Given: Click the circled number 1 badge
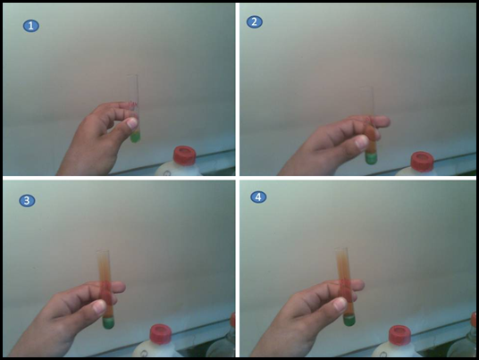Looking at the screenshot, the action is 31,26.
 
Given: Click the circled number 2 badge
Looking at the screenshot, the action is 254,21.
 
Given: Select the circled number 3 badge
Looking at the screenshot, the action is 27,201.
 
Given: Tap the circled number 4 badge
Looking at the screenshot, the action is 258,197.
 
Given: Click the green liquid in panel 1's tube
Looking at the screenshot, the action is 135,137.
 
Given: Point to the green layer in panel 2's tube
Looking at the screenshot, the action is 371,158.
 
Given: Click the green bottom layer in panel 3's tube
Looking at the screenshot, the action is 108,322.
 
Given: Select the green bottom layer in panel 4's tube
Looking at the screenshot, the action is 349,320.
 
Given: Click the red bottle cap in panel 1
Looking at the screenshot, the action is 184,155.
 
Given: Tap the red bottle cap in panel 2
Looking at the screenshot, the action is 422,161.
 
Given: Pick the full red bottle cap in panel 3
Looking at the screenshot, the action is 161,334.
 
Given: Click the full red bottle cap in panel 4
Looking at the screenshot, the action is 399,335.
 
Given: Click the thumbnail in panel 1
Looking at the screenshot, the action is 132,123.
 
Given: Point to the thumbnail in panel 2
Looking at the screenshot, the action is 362,142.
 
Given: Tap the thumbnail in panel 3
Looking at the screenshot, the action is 99,306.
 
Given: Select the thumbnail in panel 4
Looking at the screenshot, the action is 340,304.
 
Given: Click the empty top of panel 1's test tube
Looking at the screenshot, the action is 133,88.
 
